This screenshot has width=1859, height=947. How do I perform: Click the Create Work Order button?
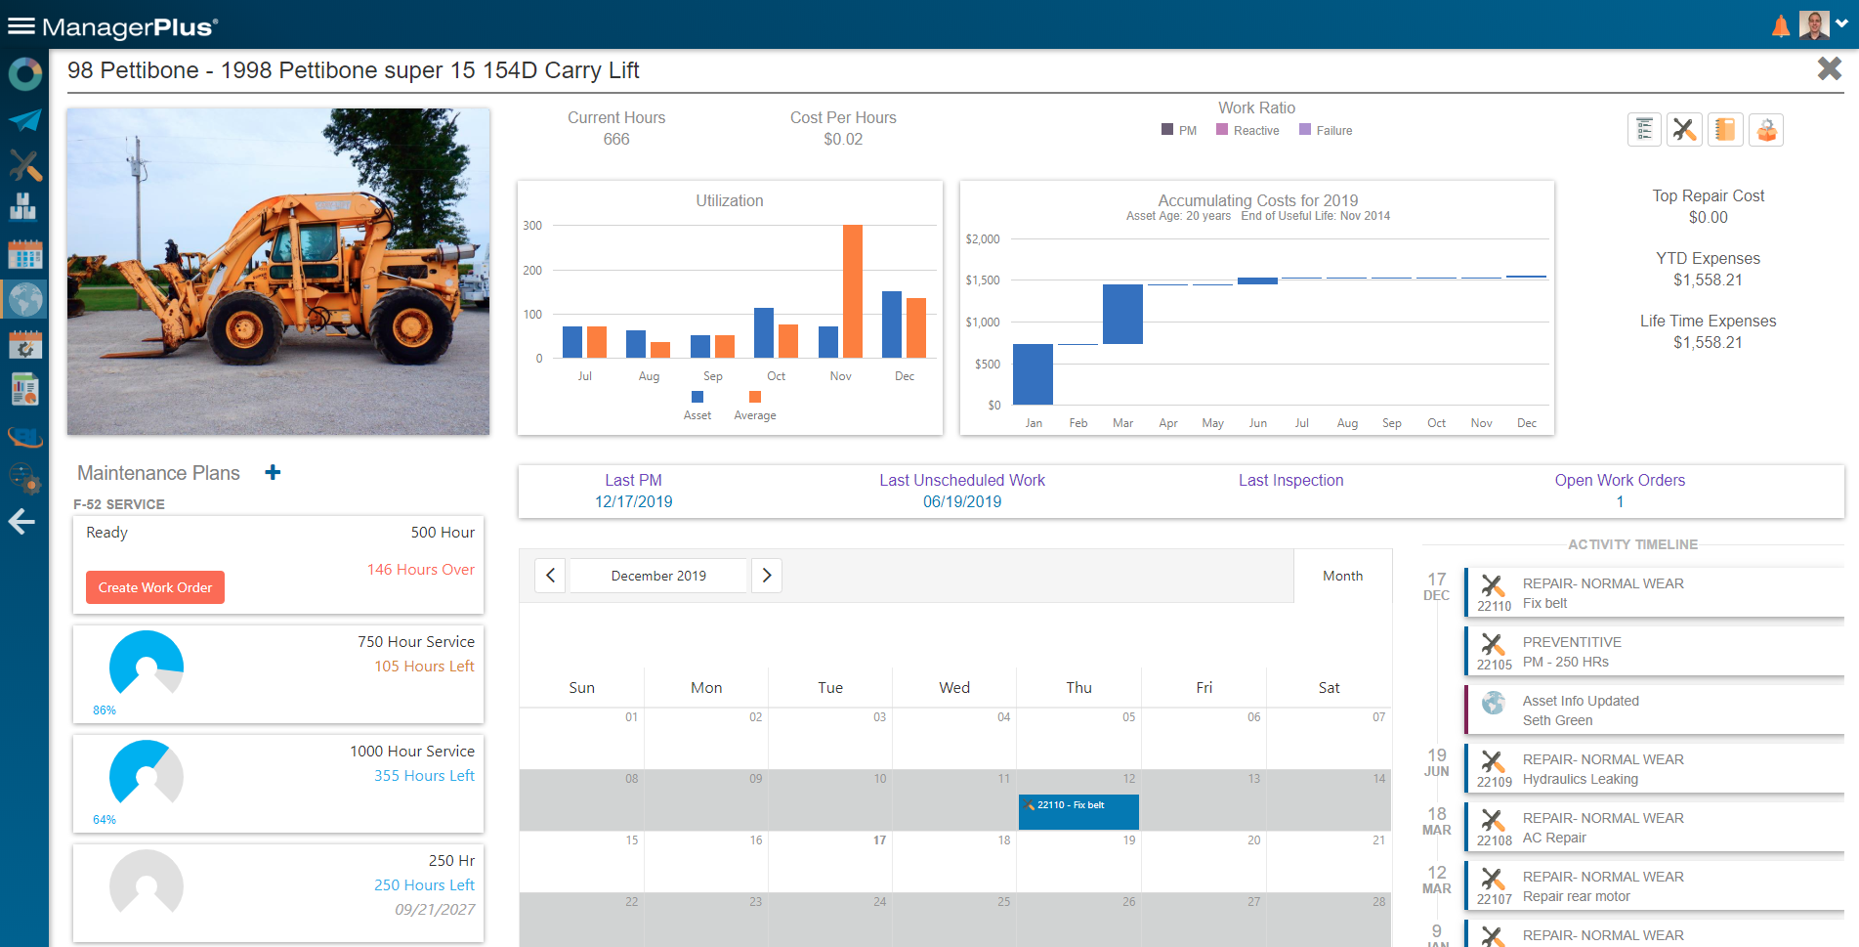(155, 587)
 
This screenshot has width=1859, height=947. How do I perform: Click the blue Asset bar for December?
(891, 324)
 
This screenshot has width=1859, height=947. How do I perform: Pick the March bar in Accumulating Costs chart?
(1122, 314)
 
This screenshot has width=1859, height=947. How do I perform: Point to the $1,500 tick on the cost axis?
(983, 280)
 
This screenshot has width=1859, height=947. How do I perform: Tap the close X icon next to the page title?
(1829, 68)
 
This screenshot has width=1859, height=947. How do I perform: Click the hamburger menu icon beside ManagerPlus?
(21, 26)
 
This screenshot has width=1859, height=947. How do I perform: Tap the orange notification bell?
(1780, 26)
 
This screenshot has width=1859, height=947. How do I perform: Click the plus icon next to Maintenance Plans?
(273, 473)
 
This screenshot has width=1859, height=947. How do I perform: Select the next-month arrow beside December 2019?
(767, 576)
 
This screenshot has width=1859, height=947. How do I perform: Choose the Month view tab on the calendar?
(1342, 576)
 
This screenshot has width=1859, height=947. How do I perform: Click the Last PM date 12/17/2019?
(633, 501)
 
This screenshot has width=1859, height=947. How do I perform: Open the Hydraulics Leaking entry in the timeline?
(1580, 779)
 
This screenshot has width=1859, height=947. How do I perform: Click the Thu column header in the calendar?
(1078, 687)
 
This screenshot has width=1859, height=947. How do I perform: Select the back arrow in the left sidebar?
(22, 522)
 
